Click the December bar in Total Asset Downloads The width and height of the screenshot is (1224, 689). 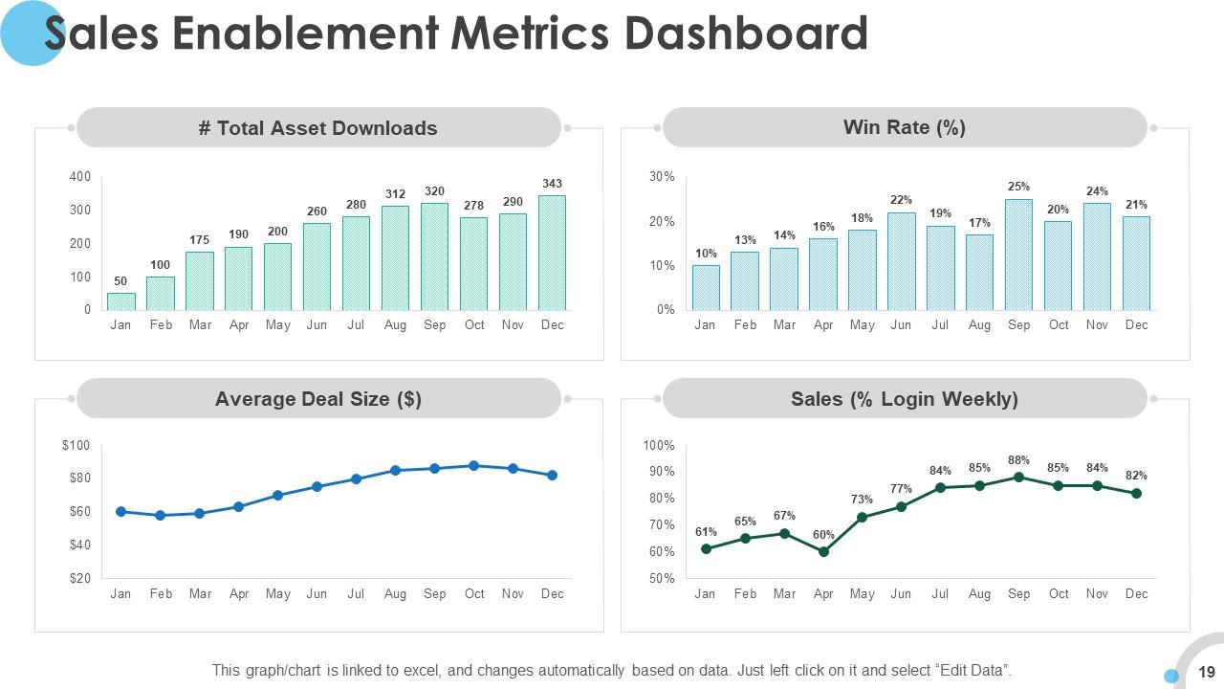(552, 253)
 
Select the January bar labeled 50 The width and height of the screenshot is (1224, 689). (120, 300)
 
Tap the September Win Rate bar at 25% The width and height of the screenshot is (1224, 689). (1018, 255)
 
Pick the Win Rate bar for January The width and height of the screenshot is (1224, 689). (706, 287)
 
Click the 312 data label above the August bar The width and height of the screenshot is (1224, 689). (395, 194)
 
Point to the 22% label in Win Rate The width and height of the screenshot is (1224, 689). (901, 200)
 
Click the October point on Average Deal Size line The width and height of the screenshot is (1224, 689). (473, 466)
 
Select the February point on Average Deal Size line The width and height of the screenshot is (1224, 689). (160, 516)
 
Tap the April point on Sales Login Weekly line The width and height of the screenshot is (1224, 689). (823, 551)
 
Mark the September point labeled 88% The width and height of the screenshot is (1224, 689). (1018, 477)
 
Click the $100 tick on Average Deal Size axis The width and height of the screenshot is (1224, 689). (76, 446)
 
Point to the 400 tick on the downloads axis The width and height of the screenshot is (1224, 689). (80, 177)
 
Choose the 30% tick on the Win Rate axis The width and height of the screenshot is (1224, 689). (662, 177)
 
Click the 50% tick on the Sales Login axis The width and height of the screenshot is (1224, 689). (659, 579)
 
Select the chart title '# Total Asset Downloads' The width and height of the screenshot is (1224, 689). (317, 128)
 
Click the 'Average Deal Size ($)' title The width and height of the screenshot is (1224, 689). (317, 399)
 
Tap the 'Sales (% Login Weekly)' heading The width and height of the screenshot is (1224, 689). (904, 399)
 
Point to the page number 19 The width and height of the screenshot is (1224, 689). (1206, 673)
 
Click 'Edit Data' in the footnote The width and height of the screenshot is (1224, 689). (973, 671)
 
